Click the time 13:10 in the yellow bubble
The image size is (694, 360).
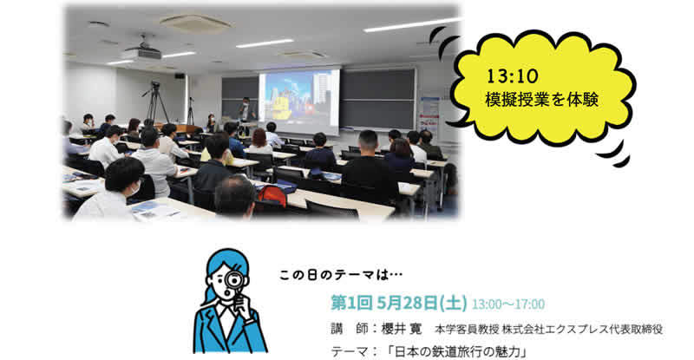coord(512,76)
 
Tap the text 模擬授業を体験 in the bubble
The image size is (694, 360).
coord(541,100)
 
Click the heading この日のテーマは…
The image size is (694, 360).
coord(341,275)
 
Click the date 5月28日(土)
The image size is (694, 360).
coord(422,304)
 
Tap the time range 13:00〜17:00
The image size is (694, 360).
coord(508,304)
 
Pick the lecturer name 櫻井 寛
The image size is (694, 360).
coord(402,329)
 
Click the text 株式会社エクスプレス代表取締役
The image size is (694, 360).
coord(582,330)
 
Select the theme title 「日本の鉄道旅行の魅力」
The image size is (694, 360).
coord(456,352)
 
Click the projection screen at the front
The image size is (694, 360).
coord(299,101)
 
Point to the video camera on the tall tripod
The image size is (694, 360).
coord(155,84)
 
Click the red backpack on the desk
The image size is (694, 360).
coord(272,195)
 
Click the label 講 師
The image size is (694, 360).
coord(350,329)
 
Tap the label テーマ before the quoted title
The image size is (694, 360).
coord(350,352)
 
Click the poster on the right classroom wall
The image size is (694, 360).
coord(429,115)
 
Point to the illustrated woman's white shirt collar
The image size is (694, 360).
coord(228,315)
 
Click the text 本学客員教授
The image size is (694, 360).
coord(467,330)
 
